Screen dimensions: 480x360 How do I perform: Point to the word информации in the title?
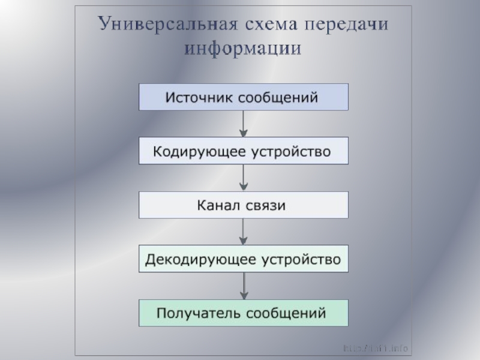point(244,48)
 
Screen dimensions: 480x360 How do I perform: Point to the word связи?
point(266,206)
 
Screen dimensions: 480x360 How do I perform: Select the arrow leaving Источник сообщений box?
point(244,124)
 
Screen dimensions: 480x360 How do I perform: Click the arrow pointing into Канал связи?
point(244,178)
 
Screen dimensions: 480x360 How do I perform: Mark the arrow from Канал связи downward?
point(244,232)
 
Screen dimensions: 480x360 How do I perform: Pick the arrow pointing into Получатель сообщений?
point(244,286)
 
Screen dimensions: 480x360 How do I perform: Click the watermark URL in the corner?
point(376,348)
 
